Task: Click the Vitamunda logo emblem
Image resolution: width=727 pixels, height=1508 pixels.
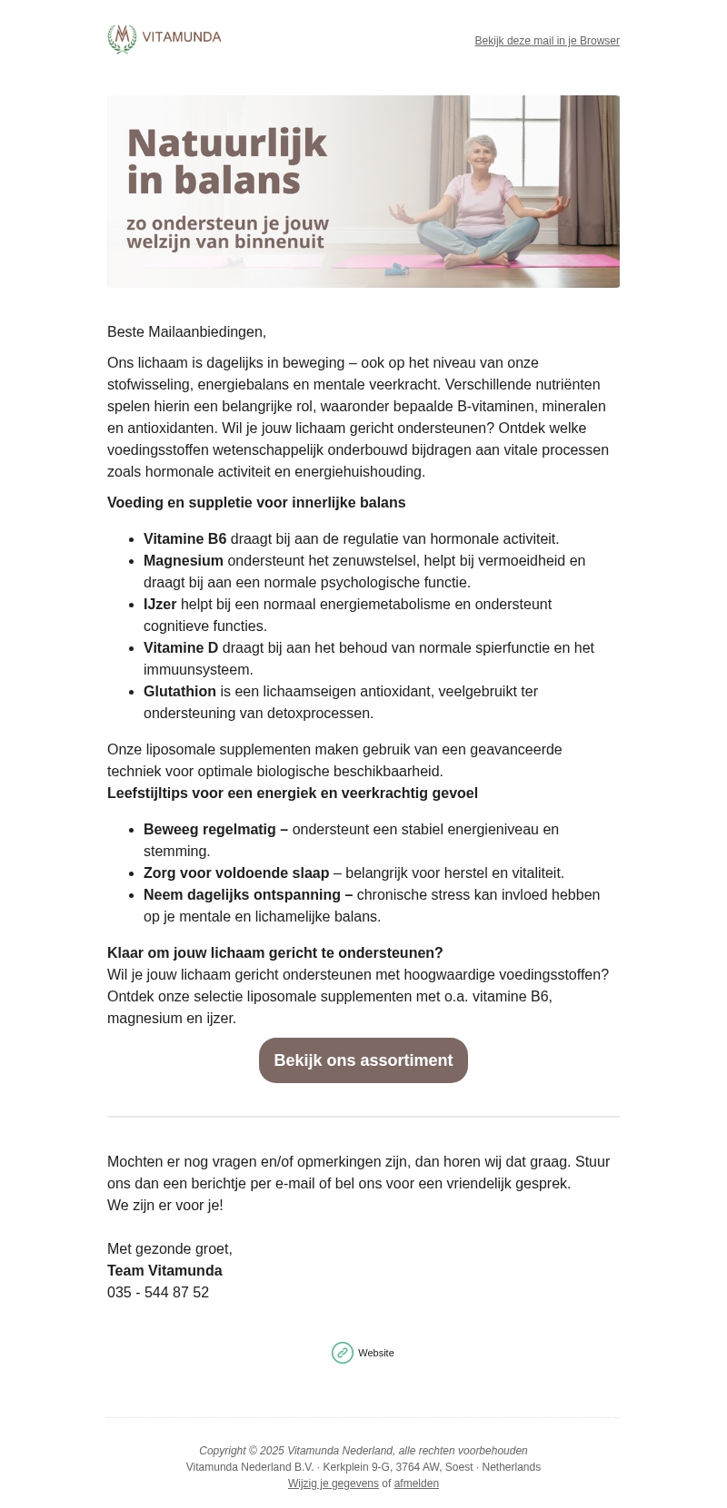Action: [122, 39]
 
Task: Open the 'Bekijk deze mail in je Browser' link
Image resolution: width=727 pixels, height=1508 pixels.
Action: [547, 41]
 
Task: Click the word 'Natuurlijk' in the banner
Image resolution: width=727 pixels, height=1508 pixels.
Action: [226, 144]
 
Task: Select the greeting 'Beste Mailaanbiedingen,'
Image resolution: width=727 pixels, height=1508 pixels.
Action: [186, 332]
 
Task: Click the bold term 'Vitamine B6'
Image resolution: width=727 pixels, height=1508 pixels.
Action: [184, 539]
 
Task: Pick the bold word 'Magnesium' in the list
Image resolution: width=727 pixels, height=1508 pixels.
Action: [183, 561]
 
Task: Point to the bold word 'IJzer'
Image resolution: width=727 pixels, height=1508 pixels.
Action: [160, 605]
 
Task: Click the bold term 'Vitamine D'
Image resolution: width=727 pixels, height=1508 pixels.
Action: [181, 648]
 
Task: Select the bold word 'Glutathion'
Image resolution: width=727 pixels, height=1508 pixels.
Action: [180, 692]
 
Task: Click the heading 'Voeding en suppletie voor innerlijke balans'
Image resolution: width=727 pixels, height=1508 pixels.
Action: [256, 503]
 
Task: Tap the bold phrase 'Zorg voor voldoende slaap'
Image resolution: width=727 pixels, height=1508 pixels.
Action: [236, 873]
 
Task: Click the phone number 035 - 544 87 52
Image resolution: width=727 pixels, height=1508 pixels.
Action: [158, 1293]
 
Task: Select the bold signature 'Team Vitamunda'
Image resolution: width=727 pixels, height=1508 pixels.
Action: [164, 1271]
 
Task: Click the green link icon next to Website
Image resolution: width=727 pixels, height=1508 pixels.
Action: [343, 1353]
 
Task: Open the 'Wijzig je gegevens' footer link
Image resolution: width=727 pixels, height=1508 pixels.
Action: [334, 1483]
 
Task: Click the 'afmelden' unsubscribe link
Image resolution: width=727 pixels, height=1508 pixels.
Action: [416, 1483]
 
